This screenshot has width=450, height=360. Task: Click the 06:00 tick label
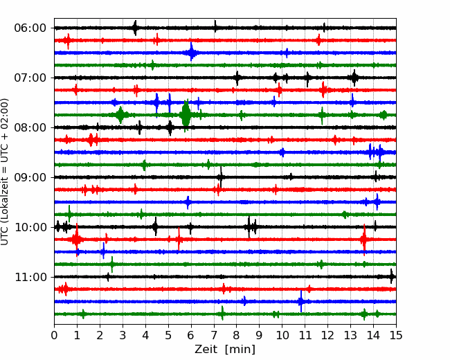tap(30, 28)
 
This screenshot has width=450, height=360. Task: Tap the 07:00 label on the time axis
tap(30, 78)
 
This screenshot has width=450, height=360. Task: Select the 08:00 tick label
tap(30, 127)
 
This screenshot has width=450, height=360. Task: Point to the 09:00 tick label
tap(30, 177)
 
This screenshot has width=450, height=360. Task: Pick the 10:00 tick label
tap(30, 227)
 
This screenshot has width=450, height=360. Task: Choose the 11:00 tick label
tap(30, 277)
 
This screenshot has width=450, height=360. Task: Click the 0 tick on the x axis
tap(54, 335)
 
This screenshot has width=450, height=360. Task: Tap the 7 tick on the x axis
tap(214, 335)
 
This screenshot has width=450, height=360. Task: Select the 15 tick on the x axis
tap(396, 335)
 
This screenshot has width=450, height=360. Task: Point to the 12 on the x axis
tap(327, 335)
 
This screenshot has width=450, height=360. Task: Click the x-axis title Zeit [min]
tap(225, 350)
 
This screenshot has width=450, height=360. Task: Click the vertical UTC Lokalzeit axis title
tap(5, 172)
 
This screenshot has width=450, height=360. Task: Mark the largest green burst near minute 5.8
tap(186, 115)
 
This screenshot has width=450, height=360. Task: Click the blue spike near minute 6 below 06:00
tap(191, 52)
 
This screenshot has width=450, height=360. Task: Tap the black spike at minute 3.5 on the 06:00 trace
tap(135, 28)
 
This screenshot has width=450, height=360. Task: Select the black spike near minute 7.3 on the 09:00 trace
tap(221, 177)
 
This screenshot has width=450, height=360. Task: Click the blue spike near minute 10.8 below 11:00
tap(301, 301)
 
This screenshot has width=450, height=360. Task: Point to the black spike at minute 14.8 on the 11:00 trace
tap(392, 276)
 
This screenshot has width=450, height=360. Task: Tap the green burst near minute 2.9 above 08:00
tap(120, 115)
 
